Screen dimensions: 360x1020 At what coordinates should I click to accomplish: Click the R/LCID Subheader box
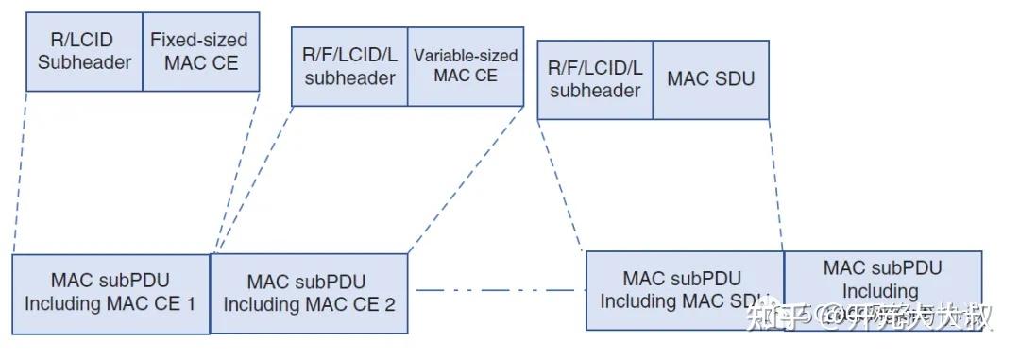tap(84, 51)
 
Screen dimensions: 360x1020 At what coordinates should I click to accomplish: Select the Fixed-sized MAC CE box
tap(200, 51)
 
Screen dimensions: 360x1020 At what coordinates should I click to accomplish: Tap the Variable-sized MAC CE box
tap(466, 66)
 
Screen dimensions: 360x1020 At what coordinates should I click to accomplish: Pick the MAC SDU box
tap(710, 79)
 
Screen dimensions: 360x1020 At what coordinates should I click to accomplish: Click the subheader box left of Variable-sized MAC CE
tap(349, 66)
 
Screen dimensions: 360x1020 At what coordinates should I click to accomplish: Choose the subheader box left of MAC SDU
tap(595, 79)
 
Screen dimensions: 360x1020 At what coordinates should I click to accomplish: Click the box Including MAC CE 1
tap(110, 293)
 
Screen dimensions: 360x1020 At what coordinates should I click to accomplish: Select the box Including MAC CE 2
tap(309, 293)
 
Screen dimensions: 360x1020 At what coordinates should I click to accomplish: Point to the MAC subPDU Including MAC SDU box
tap(684, 289)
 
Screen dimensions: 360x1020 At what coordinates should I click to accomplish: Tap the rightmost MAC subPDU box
tap(883, 289)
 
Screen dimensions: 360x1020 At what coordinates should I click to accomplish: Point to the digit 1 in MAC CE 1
tap(191, 304)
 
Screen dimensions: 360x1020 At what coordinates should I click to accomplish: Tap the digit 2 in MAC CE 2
tap(390, 305)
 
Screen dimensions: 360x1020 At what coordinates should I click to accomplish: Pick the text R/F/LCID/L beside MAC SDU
tap(595, 68)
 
